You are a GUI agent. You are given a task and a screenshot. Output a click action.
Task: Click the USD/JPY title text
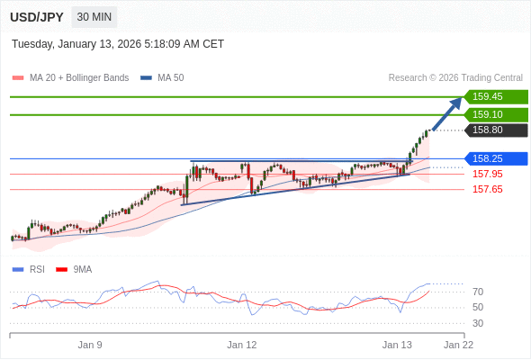(x=37, y=17)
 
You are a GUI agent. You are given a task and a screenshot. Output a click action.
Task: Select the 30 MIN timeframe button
(x=94, y=17)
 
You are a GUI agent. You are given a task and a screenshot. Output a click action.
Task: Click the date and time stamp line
(x=118, y=44)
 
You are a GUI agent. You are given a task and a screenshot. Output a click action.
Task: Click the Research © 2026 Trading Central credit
(x=455, y=78)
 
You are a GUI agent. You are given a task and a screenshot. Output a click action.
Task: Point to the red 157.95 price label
(x=488, y=174)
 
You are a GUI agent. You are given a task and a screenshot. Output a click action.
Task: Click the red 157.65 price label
(x=488, y=189)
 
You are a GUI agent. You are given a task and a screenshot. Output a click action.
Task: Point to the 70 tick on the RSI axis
(x=478, y=292)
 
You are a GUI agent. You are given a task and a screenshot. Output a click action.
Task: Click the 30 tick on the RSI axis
(x=478, y=323)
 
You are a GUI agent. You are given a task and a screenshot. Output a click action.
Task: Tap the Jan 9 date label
(x=90, y=345)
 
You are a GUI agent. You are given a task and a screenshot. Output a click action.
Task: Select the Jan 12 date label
(x=242, y=345)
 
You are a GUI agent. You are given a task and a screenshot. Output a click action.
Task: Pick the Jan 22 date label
(x=458, y=345)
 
